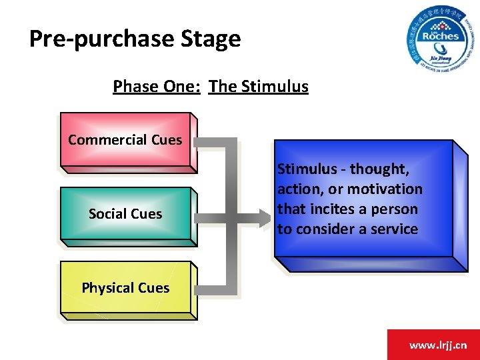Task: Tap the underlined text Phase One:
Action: (x=157, y=87)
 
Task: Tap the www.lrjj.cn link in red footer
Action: (x=438, y=345)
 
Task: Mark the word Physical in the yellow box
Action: (x=107, y=288)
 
